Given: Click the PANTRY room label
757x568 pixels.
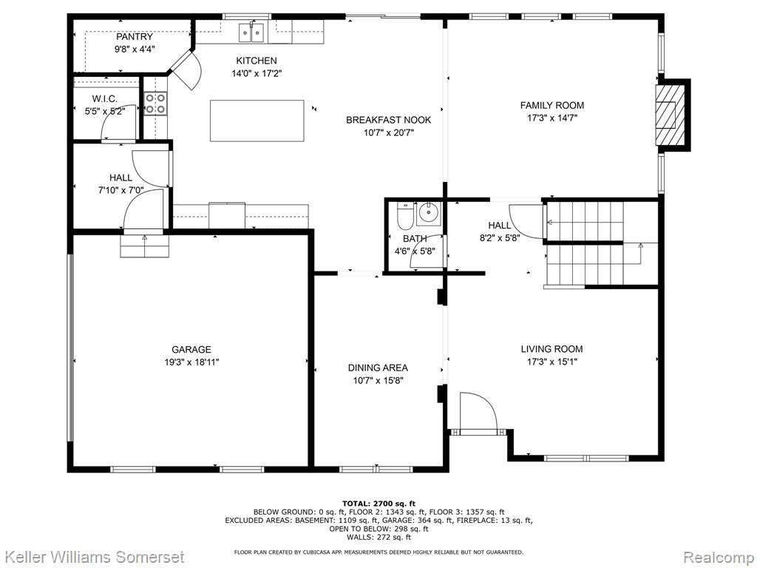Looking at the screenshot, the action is click(135, 37).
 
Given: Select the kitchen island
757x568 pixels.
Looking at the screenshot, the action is click(257, 121).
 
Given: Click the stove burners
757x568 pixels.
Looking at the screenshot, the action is click(155, 104).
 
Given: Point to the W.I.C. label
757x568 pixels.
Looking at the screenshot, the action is click(105, 99).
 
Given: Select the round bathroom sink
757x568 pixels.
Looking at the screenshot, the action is click(429, 212).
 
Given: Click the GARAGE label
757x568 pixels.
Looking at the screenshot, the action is click(191, 349).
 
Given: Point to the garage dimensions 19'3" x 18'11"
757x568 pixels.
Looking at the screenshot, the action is click(191, 362).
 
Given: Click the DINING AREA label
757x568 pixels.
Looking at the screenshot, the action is click(378, 368).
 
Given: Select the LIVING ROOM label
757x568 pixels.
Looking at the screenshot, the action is click(551, 349).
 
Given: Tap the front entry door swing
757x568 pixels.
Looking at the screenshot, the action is click(478, 410).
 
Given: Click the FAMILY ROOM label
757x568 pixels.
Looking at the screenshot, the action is click(551, 105).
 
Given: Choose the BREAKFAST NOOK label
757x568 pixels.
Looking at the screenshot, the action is click(389, 120).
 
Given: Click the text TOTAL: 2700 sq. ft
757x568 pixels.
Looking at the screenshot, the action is click(378, 503).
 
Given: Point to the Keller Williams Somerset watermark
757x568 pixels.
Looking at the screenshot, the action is click(92, 557).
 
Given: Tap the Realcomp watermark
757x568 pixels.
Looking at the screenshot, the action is click(719, 557).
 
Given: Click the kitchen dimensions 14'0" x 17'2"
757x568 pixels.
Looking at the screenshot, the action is click(257, 74).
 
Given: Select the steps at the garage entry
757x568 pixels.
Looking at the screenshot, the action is click(145, 246).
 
